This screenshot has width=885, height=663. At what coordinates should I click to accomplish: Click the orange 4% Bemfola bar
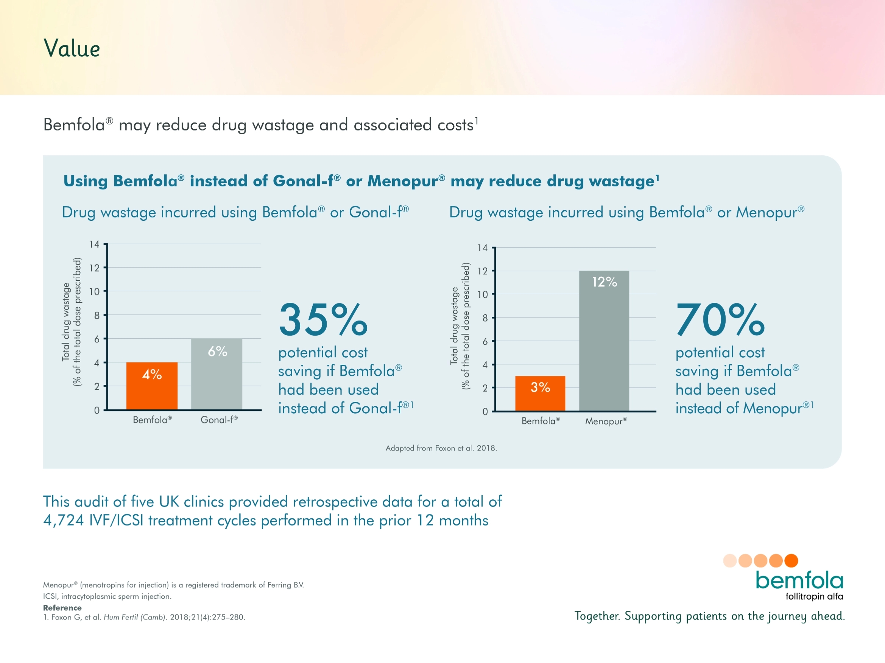click(152, 386)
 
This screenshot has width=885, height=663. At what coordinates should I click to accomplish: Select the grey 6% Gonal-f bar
click(217, 374)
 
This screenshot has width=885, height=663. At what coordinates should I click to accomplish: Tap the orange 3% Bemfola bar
click(540, 393)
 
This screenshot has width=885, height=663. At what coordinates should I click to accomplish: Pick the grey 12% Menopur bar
click(604, 341)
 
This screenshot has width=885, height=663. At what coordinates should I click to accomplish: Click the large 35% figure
click(323, 320)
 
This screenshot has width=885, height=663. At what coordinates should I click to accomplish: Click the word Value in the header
click(72, 49)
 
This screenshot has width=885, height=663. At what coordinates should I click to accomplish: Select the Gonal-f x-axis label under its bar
click(219, 420)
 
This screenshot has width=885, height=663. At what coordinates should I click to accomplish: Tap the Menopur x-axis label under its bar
click(606, 421)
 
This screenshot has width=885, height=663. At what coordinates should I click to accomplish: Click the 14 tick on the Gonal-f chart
click(94, 244)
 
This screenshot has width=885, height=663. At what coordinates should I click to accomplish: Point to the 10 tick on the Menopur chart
click(483, 294)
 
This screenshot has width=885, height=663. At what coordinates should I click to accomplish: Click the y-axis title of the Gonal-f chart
click(72, 322)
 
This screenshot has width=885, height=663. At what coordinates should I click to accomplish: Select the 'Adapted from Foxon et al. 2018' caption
click(441, 448)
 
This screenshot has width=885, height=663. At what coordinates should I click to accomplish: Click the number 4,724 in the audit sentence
click(63, 520)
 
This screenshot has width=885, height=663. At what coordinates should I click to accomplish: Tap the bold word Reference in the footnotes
click(62, 607)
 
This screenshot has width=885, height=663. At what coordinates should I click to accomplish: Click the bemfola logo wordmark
click(799, 581)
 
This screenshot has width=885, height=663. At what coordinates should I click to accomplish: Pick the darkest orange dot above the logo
click(791, 561)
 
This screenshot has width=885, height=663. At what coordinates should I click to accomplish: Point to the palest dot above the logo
click(730, 561)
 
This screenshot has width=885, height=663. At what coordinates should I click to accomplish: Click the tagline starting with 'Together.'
click(709, 616)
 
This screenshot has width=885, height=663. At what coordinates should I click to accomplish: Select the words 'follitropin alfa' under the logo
click(814, 596)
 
